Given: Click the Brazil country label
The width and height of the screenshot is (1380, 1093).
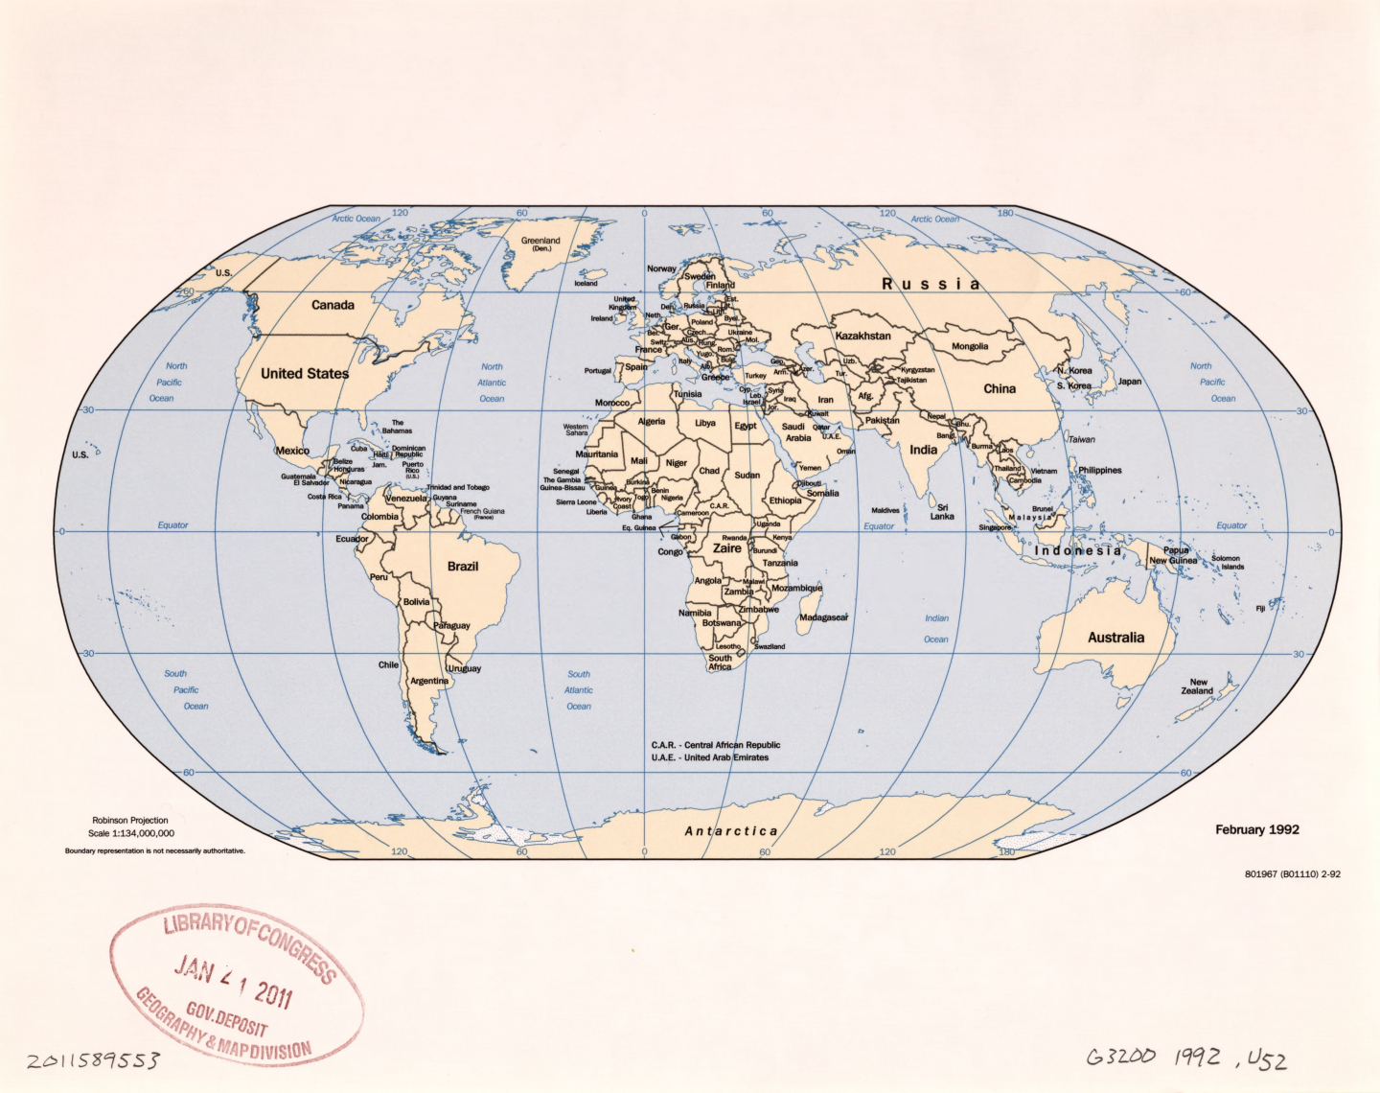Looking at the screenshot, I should (463, 567).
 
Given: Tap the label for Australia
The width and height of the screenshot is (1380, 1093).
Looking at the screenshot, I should (1115, 638).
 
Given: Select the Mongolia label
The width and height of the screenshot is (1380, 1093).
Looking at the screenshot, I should (970, 346).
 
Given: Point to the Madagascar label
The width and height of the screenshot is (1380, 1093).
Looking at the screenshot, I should (823, 617).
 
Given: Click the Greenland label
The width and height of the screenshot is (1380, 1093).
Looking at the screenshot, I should (540, 244).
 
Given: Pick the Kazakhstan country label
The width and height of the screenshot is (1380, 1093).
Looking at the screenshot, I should (862, 337).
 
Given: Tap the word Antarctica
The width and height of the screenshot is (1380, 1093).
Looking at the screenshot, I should (731, 831).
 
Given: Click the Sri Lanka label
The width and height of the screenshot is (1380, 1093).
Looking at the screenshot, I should (942, 512).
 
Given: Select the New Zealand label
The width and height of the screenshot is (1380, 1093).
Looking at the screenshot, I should (1198, 686).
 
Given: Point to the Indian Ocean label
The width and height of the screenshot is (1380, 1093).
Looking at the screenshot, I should (936, 629).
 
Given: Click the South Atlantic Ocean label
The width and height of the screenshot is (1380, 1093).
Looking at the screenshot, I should (579, 690).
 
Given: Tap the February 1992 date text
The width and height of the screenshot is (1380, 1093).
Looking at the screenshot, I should (1257, 829).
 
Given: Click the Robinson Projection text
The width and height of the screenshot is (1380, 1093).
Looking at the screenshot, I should (130, 821).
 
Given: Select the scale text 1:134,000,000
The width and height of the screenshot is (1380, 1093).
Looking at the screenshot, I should (131, 833).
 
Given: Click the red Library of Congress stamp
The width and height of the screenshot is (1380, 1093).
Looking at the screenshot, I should (237, 985).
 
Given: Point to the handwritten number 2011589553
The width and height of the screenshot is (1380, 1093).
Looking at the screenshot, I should (93, 1060).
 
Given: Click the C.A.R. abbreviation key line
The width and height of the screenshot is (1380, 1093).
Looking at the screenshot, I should (716, 745).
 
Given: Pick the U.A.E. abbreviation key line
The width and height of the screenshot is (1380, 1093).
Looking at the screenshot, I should (710, 757).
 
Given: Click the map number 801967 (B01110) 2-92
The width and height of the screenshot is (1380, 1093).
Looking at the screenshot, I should (1292, 874).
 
